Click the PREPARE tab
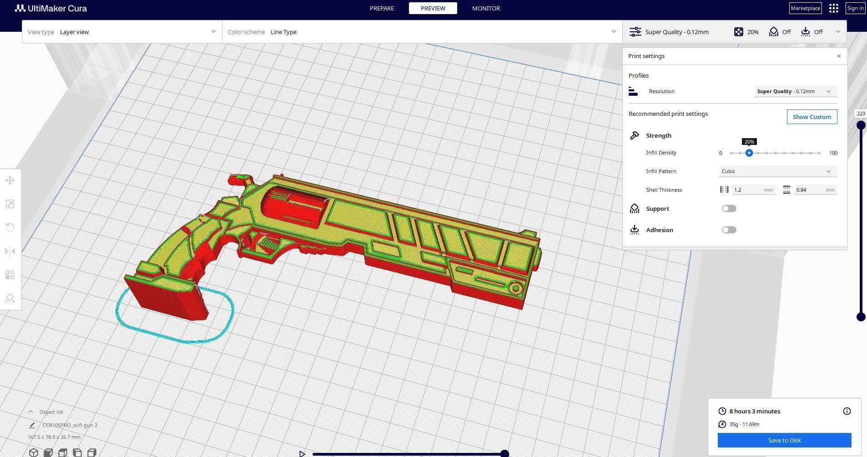point(382,8)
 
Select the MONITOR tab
point(486,8)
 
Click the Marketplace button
point(805,8)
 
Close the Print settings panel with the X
point(839,56)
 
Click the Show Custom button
point(812,117)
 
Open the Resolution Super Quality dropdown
point(795,91)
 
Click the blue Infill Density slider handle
point(749,153)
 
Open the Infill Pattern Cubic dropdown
point(777,171)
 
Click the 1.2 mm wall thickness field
point(753,190)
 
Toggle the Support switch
point(729,209)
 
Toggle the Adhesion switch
point(729,230)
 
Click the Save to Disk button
point(784,440)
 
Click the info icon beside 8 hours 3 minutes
point(847,411)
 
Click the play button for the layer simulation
point(302,453)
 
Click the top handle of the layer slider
point(861,125)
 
